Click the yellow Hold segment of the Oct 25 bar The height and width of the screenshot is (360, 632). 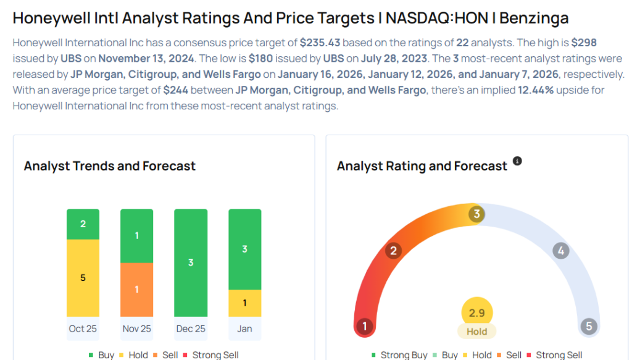click(83, 278)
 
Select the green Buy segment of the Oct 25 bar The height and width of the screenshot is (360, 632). click(83, 224)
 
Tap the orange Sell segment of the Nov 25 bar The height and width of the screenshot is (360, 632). click(136, 290)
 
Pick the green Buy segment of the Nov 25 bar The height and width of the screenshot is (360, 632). click(136, 236)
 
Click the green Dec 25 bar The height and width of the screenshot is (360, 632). click(191, 262)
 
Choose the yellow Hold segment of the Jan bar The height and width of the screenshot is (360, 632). click(244, 303)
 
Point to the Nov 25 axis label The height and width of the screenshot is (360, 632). click(136, 329)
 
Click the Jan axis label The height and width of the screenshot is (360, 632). click(244, 329)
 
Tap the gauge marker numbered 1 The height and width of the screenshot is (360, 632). click(365, 326)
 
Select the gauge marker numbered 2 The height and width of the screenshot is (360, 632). click(393, 251)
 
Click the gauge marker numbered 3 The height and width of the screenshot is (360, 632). click(476, 214)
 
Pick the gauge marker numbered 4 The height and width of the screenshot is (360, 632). click(560, 251)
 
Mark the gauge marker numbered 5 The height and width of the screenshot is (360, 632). click(588, 326)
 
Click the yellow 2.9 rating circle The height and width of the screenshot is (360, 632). click(476, 313)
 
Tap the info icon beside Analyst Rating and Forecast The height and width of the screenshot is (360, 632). click(517, 161)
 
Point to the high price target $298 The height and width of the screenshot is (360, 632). click(584, 43)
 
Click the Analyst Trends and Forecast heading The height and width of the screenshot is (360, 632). click(109, 166)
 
